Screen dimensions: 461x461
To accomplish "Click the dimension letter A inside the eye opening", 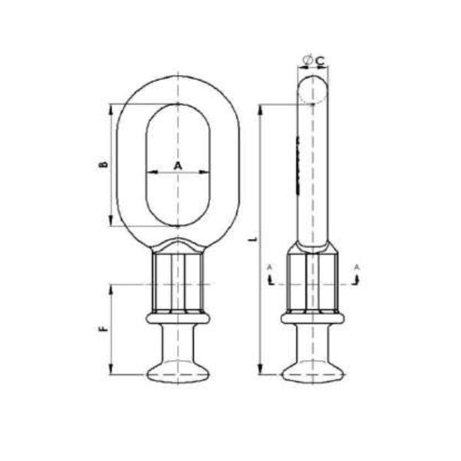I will (x=177, y=165).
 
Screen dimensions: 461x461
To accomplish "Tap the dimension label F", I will (x=104, y=329).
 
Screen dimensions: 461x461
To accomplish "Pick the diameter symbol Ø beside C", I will (x=307, y=59).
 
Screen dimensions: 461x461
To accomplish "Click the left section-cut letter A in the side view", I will (x=269, y=267).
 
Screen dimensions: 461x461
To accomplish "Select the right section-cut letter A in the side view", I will (x=357, y=267).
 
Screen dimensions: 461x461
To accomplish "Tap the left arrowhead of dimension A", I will (x=149, y=172).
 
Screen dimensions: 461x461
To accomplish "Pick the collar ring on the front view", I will (x=178, y=318).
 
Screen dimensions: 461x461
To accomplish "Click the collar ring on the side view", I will (x=312, y=318).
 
